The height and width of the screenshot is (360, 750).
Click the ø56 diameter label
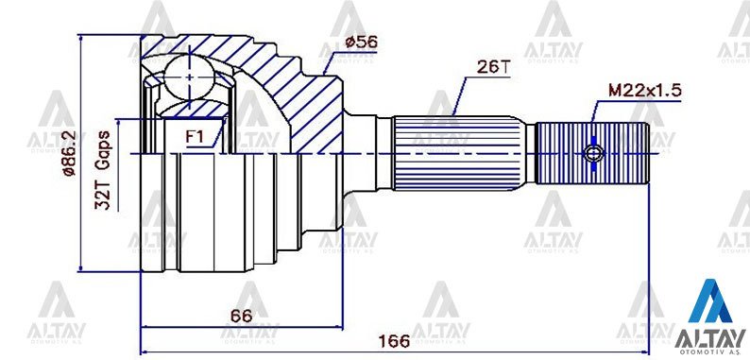(x=363, y=42)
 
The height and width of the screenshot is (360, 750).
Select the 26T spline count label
(x=493, y=68)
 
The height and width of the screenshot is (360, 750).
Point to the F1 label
(x=196, y=137)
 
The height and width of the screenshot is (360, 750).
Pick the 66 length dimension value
(x=241, y=316)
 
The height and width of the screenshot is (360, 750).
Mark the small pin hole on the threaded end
(x=593, y=153)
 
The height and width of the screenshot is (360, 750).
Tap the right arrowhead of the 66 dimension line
(x=339, y=327)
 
